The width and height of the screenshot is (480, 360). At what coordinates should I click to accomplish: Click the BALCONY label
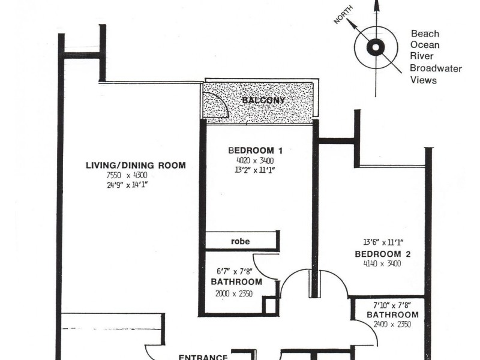click(263, 101)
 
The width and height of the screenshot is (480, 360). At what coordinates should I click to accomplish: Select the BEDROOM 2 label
click(383, 254)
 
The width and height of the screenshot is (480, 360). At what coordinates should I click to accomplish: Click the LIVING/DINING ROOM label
click(135, 166)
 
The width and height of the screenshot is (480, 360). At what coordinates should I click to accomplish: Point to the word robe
click(240, 242)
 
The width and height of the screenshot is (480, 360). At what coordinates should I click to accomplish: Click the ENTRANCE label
click(203, 356)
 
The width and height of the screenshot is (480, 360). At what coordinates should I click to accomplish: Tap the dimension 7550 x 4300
click(125, 175)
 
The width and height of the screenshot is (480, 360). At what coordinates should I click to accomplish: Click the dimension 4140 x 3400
click(382, 263)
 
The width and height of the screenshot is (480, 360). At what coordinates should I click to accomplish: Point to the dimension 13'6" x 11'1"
click(383, 243)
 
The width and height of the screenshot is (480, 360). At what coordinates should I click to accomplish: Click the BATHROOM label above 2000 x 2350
click(236, 282)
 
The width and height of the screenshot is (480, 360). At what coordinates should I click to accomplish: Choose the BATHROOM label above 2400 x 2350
click(392, 315)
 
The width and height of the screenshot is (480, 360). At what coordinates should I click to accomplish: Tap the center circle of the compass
click(376, 47)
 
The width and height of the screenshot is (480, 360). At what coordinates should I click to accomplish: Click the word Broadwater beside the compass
click(436, 68)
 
